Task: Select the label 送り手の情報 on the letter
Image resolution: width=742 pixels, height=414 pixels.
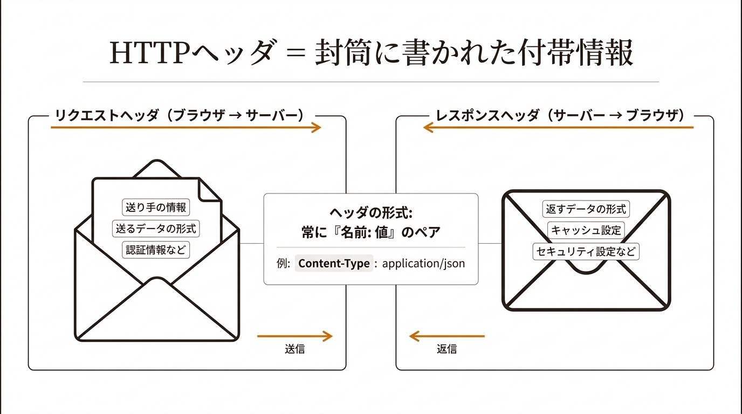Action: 156,207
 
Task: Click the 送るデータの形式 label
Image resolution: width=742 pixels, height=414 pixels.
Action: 156,228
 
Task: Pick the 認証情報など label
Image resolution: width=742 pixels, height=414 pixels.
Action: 156,250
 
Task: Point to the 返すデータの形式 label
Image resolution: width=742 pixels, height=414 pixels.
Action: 586,209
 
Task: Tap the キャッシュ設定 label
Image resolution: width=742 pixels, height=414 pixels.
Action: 586,230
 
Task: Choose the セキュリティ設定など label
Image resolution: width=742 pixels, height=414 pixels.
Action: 586,251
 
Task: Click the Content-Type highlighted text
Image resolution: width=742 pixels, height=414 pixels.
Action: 334,264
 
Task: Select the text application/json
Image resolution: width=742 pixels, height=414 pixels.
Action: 423,264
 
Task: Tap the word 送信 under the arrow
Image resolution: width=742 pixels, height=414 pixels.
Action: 295,349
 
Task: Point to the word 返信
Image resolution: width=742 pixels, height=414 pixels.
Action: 446,349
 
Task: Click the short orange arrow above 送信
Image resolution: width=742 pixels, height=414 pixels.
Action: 295,336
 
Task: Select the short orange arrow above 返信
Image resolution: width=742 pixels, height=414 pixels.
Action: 446,336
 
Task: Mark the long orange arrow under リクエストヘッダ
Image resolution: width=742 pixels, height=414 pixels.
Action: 186,127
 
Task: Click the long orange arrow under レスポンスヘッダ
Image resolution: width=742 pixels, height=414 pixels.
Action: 558,127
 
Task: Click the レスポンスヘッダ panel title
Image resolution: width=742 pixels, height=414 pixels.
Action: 560,115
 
